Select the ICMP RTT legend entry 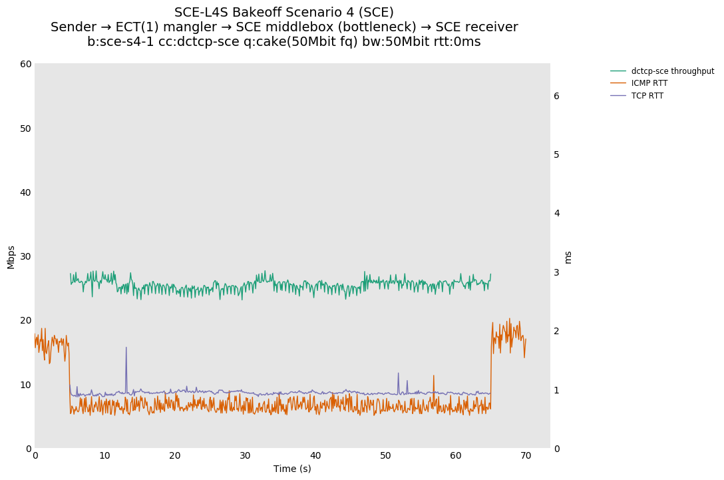point(649,83)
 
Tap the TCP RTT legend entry point(647,96)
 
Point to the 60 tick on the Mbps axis point(26,64)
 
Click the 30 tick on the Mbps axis point(26,256)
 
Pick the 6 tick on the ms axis point(556,96)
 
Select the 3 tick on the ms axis point(556,272)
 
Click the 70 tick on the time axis point(526,456)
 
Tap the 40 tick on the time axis point(315,456)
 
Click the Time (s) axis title point(292,469)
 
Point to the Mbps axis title point(11,257)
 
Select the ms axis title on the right point(568,257)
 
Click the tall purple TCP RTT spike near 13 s point(126,348)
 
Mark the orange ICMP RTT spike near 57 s point(433,376)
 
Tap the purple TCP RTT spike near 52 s point(399,373)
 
